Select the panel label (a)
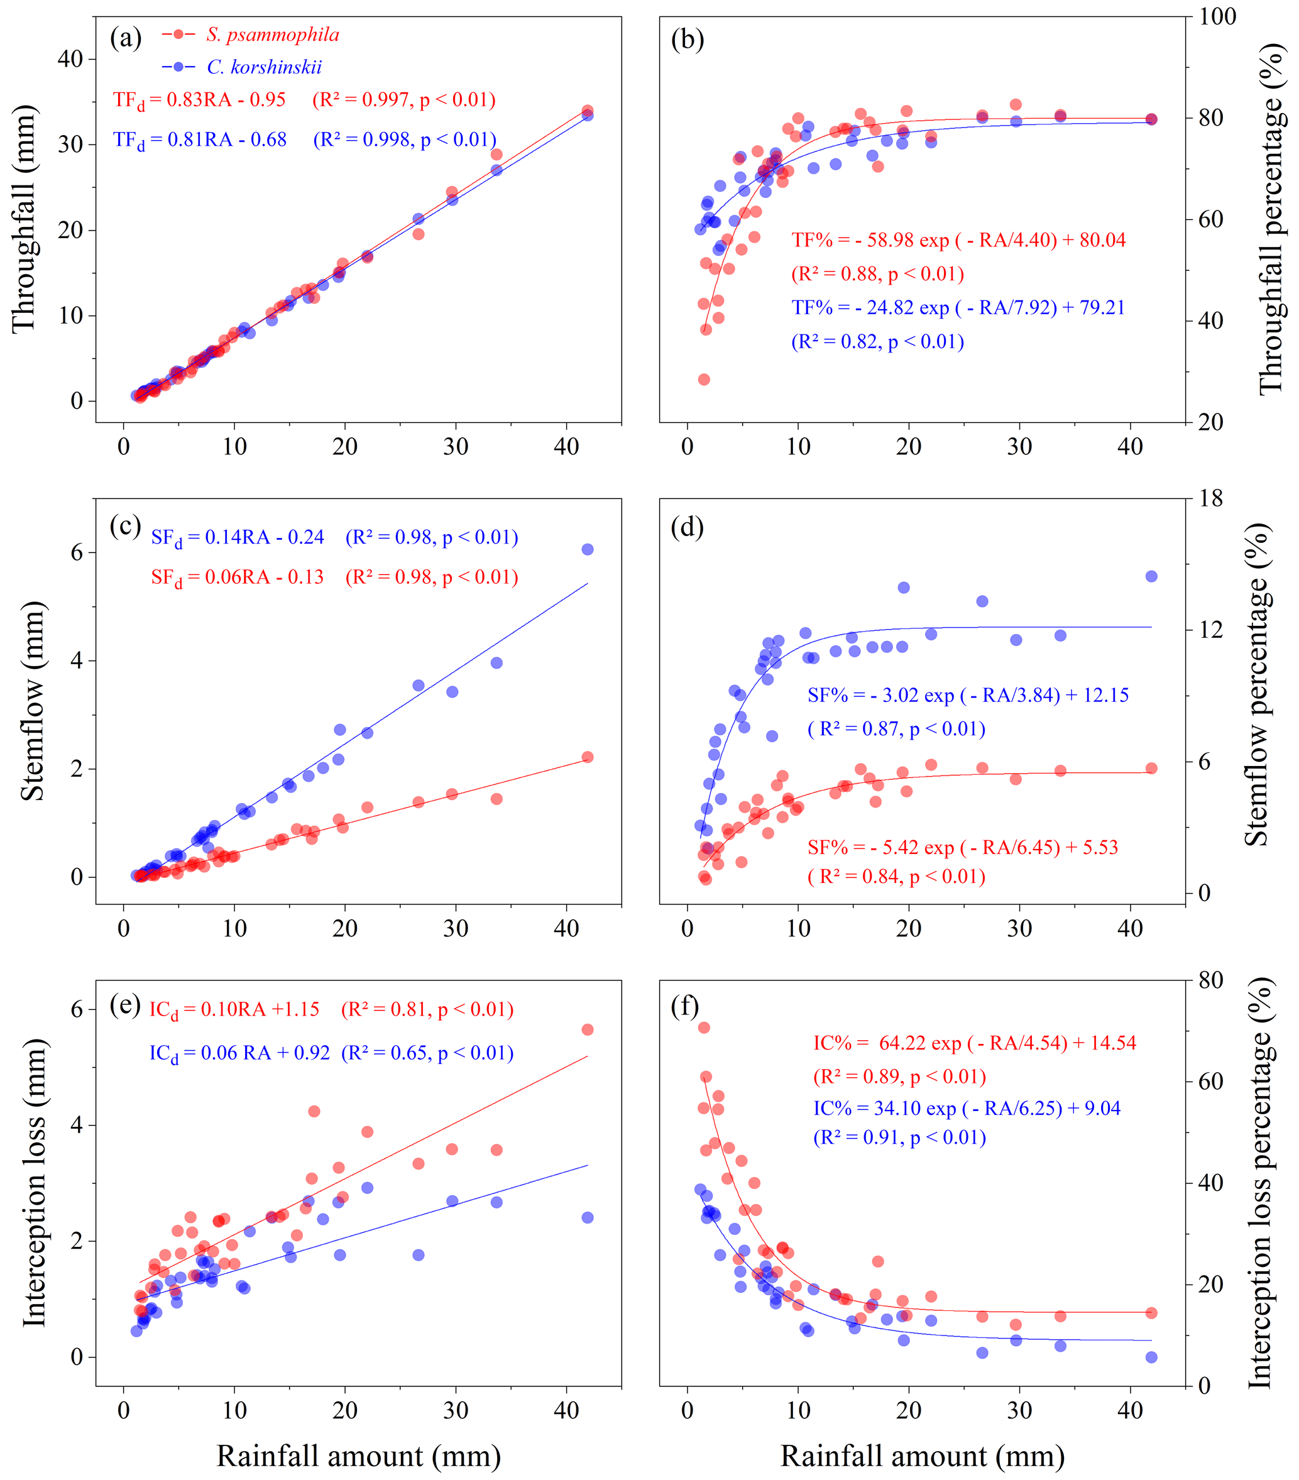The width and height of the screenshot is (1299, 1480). click(x=125, y=38)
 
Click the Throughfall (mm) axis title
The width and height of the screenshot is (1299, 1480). click(x=25, y=219)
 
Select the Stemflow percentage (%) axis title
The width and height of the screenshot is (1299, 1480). click(x=1256, y=684)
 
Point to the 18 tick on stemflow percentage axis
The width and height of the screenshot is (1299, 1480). click(x=1210, y=498)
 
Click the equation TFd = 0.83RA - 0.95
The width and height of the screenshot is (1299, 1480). click(x=199, y=100)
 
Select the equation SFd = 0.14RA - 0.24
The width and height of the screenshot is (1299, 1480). click(x=238, y=538)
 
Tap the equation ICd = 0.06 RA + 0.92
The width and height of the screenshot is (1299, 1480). click(x=239, y=1053)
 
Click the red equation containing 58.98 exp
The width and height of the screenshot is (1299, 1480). click(x=958, y=241)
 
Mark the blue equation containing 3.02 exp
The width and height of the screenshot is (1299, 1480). click(x=968, y=695)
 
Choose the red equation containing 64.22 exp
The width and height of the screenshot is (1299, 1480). click(x=974, y=1043)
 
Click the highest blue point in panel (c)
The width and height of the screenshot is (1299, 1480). click(x=587, y=549)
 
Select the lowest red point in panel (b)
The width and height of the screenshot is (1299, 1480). click(x=703, y=380)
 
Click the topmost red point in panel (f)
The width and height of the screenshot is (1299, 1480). click(x=703, y=1028)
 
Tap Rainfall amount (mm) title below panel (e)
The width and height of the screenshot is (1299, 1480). click(x=358, y=1455)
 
